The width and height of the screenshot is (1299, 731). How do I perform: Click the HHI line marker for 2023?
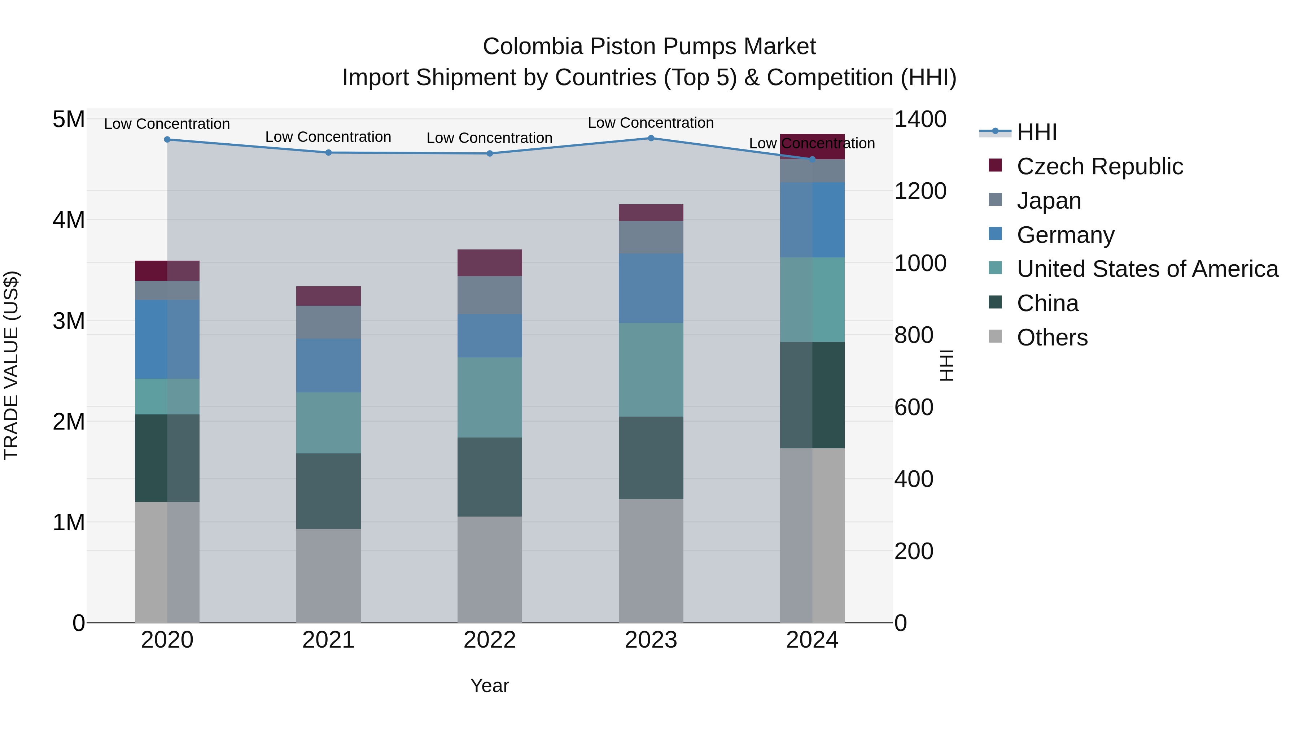click(x=651, y=138)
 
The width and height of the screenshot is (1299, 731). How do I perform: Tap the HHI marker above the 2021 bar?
click(x=328, y=152)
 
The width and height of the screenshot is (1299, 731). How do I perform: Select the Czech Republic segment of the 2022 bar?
click(x=489, y=262)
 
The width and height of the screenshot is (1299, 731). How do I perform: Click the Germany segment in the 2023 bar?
click(x=651, y=288)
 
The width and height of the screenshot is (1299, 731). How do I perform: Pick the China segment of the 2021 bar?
click(x=328, y=491)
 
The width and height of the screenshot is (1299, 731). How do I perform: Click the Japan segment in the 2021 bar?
click(x=328, y=322)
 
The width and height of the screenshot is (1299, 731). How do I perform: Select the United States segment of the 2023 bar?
click(x=651, y=369)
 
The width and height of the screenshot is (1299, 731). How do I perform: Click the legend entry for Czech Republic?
click(x=1099, y=166)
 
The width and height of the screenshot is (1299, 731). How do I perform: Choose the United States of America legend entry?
click(x=1147, y=269)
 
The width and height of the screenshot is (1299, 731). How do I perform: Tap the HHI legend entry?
click(x=1036, y=132)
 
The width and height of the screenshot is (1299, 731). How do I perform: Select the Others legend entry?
click(x=1052, y=337)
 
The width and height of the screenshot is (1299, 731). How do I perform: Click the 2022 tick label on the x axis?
click(x=489, y=640)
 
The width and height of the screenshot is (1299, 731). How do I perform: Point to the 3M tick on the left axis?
click(x=69, y=321)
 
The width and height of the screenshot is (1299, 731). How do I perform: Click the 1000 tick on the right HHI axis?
click(x=920, y=263)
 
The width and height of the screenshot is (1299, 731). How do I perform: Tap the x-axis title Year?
click(x=489, y=686)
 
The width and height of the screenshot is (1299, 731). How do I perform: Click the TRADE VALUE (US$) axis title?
click(x=11, y=365)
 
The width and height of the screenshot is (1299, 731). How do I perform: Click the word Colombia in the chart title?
click(x=533, y=47)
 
